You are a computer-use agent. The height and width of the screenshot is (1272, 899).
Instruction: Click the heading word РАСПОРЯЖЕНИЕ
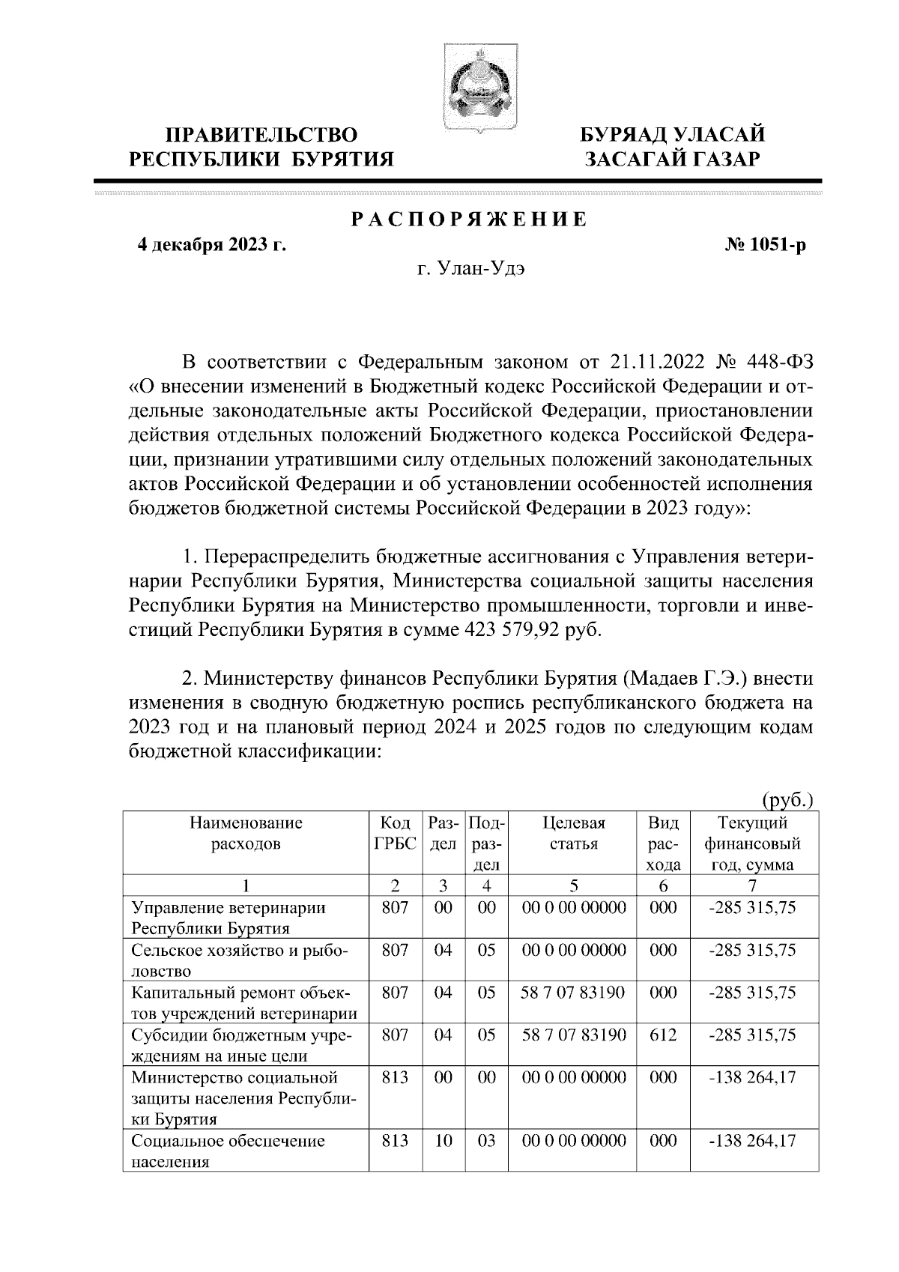[469, 219]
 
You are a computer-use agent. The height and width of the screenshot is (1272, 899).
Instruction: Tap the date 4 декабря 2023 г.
[211, 245]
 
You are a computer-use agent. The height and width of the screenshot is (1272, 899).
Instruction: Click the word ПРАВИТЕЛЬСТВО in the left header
[261, 136]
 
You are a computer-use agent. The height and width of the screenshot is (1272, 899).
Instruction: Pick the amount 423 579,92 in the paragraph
[518, 629]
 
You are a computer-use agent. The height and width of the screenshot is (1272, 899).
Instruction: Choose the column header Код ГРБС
[395, 833]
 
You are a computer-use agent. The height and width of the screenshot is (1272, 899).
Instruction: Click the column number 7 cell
[752, 885]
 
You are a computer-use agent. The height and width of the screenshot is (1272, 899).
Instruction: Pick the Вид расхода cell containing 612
[663, 1035]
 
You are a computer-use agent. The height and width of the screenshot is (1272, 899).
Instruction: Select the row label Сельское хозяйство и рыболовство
[240, 960]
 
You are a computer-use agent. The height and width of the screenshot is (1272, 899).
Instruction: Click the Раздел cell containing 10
[443, 1141]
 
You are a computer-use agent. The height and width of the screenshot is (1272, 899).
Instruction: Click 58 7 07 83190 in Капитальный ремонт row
[572, 993]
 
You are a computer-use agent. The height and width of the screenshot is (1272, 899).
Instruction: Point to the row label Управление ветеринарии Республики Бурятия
[228, 918]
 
